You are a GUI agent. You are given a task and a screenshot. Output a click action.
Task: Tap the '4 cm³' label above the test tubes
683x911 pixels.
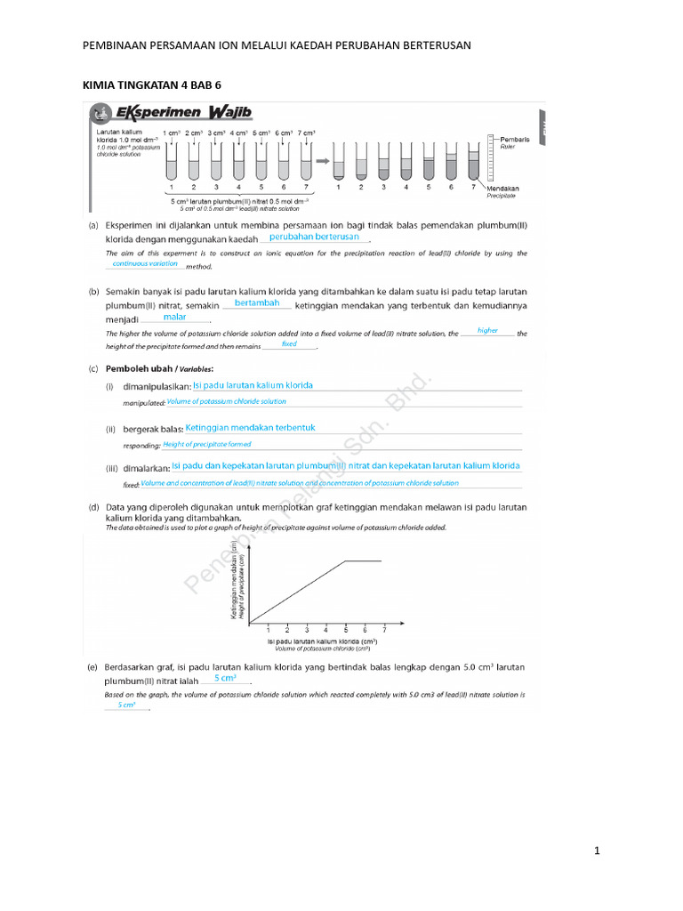238,133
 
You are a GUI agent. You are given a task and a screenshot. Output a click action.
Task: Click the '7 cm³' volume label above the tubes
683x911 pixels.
307,133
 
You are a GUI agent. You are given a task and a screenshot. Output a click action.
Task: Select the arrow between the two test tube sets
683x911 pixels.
321,161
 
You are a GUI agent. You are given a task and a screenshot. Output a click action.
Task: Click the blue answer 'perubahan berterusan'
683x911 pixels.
314,238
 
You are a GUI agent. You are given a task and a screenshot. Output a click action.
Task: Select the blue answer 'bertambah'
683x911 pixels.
257,303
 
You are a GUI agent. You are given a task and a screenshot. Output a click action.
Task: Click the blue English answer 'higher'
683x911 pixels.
487,330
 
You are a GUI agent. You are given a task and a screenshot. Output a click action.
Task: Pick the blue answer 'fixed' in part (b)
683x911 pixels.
289,343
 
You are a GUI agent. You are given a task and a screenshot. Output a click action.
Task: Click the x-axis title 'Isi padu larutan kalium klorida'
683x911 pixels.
322,641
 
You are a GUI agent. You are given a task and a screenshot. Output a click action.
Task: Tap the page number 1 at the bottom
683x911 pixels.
598,851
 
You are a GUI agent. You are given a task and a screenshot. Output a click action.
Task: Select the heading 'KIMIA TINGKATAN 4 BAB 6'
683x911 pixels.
150,85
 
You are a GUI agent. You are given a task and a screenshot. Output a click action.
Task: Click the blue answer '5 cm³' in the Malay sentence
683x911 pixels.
224,678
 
